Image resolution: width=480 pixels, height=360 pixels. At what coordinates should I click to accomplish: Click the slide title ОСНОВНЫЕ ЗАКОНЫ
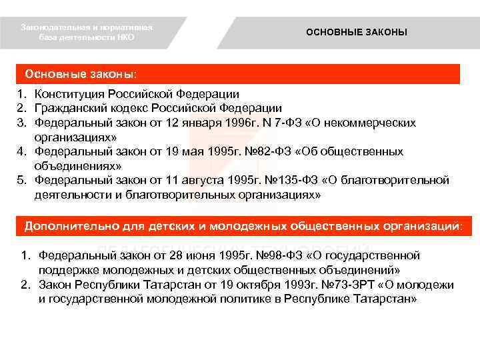pyautogui.click(x=356, y=32)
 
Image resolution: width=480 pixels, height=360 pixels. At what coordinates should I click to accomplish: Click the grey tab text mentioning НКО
pyautogui.click(x=87, y=33)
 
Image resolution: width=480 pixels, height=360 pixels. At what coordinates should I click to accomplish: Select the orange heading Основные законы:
pyautogui.click(x=83, y=73)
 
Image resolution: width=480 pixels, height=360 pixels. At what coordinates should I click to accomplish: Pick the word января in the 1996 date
pyautogui.click(x=207, y=123)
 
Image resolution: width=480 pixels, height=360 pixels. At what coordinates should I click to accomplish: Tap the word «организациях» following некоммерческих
pyautogui.click(x=76, y=137)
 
